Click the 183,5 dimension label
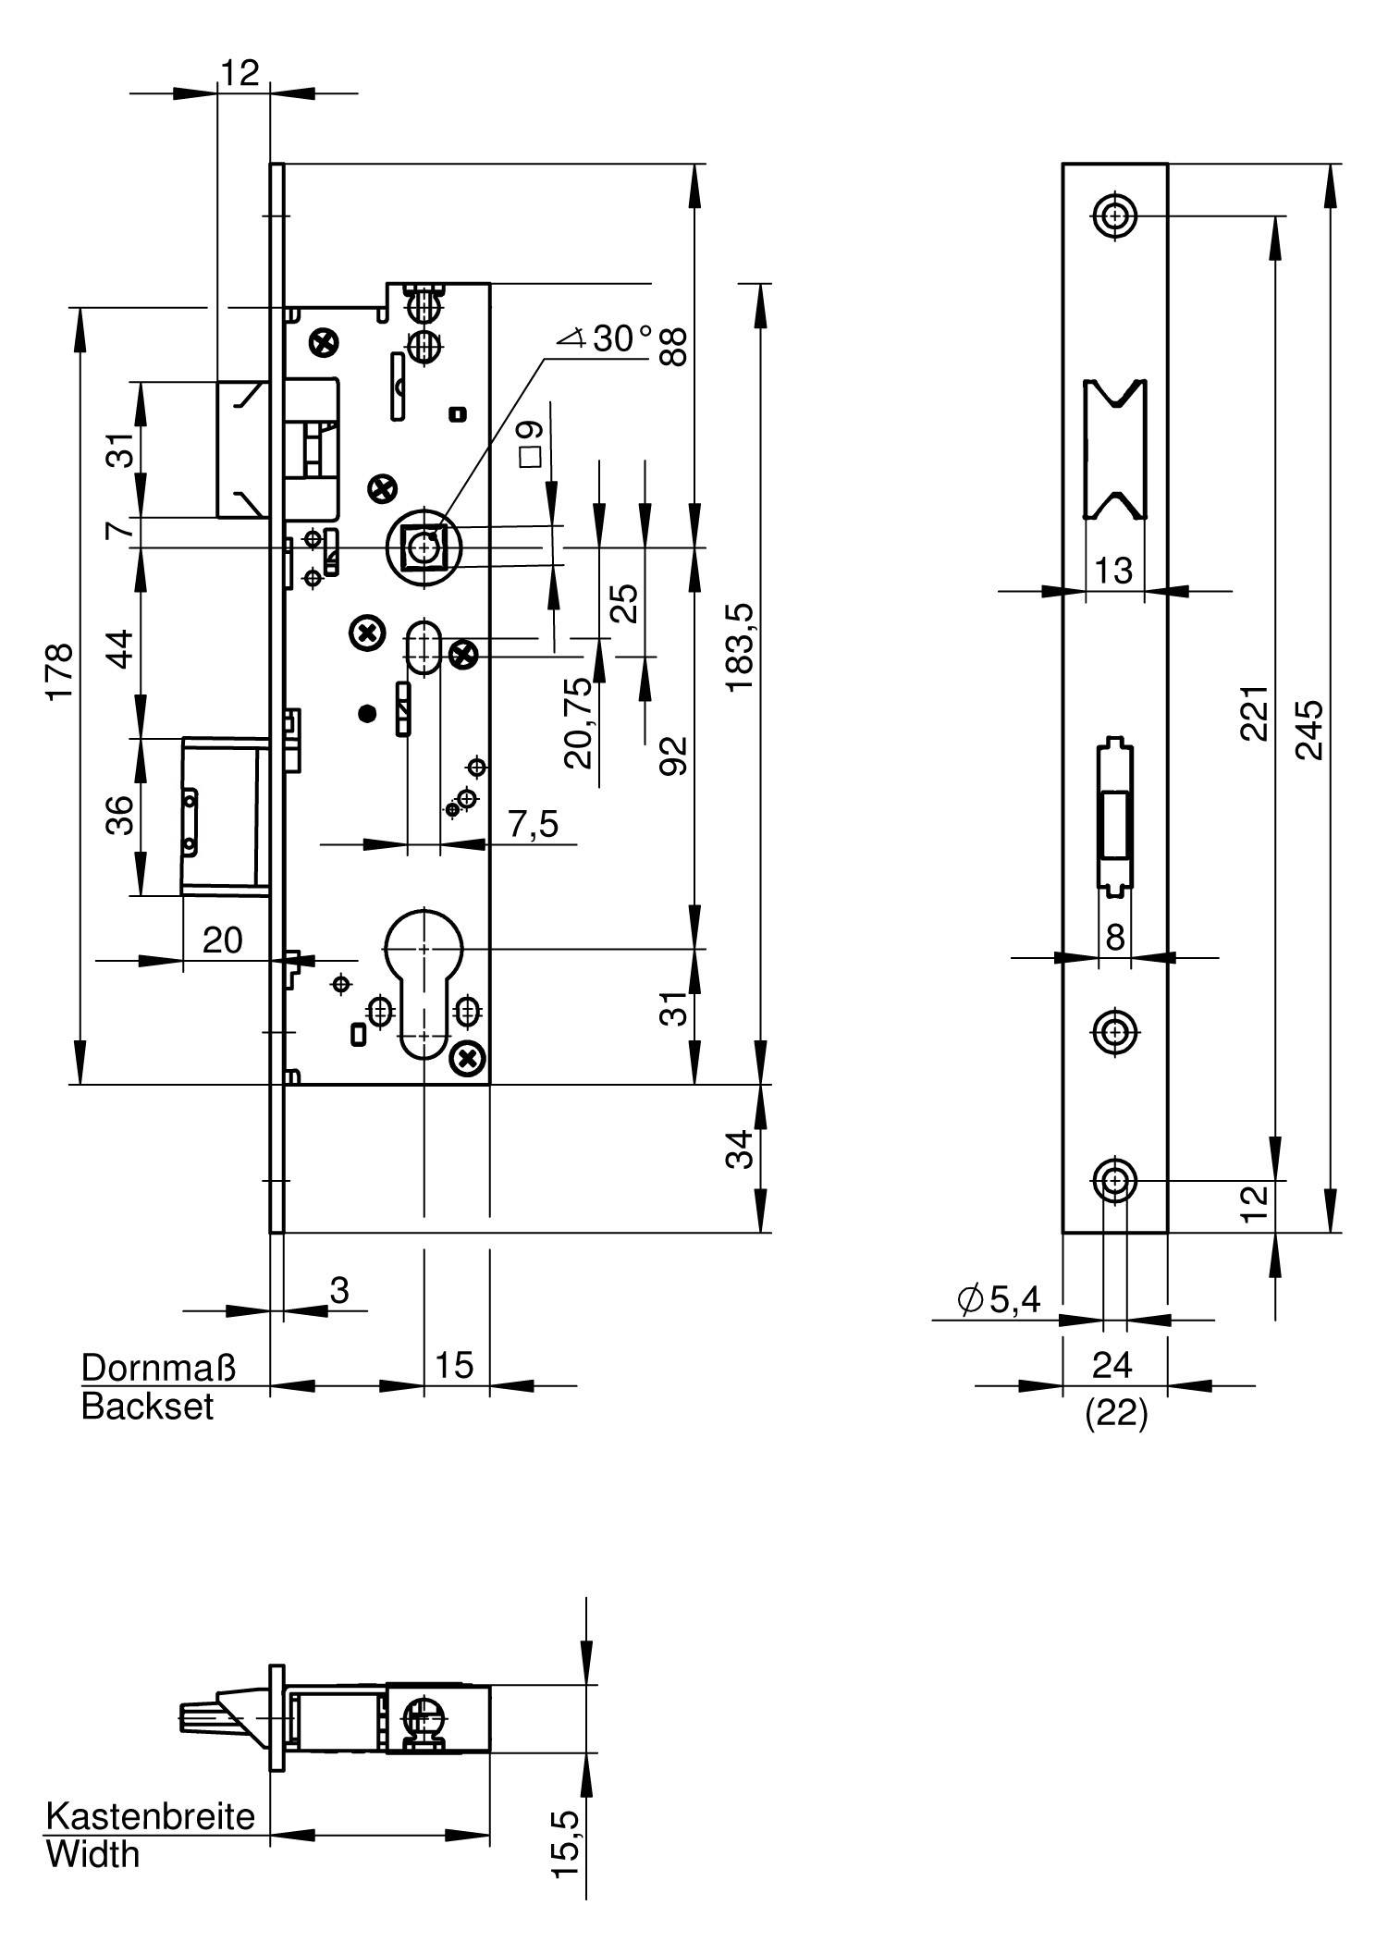pos(740,646)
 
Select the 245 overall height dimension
pos(1308,730)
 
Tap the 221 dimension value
pos(1253,713)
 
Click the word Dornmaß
pos(159,1367)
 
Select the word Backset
pos(147,1407)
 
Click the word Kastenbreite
pos(151,1816)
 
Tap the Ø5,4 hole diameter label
pos(1000,1299)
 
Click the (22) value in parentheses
pos(1116,1414)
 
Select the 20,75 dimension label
pos(578,723)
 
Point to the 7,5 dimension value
pos(534,823)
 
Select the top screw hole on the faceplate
pos(1116,216)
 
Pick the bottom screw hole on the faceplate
pos(1115,1181)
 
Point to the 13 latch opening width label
pos(1114,571)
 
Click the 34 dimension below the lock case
pos(740,1149)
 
